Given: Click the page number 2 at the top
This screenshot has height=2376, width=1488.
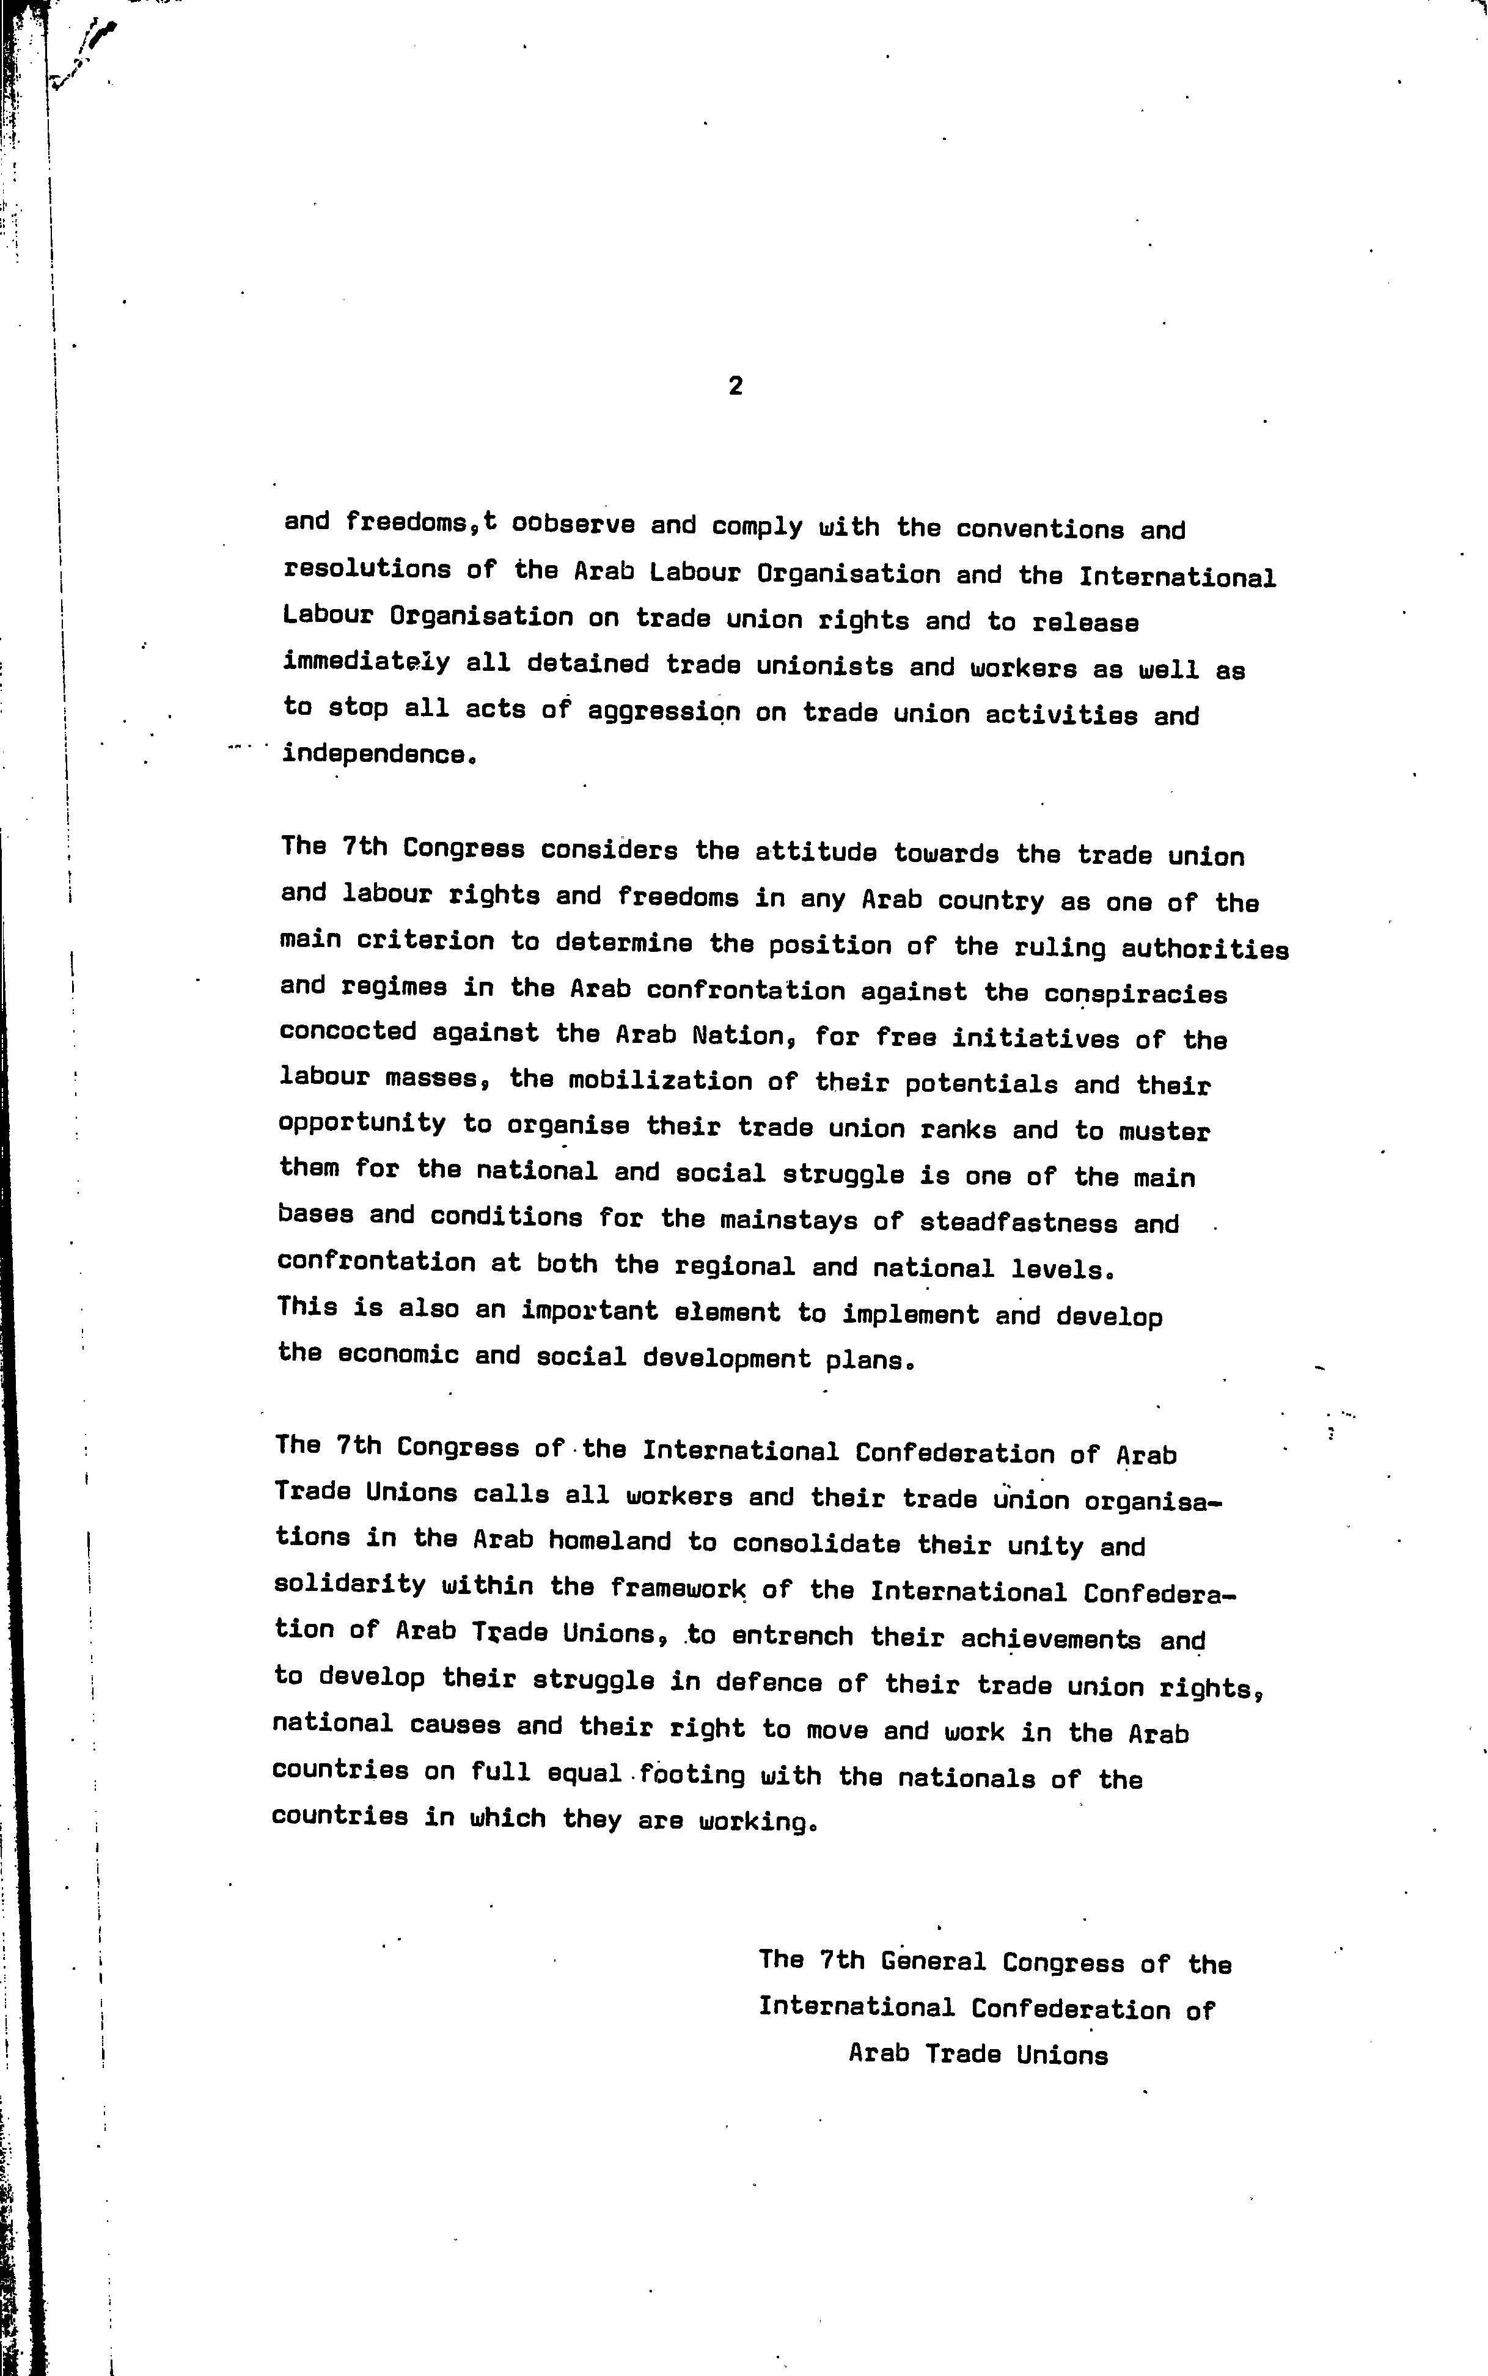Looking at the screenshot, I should (x=735, y=387).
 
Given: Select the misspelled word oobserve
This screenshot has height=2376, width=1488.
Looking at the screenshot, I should (x=573, y=524).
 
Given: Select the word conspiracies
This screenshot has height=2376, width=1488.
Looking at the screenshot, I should (x=1135, y=995).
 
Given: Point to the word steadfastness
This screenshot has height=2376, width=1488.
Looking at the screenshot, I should (x=1019, y=1223).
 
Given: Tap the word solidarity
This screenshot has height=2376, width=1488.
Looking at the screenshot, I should (x=350, y=1585).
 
